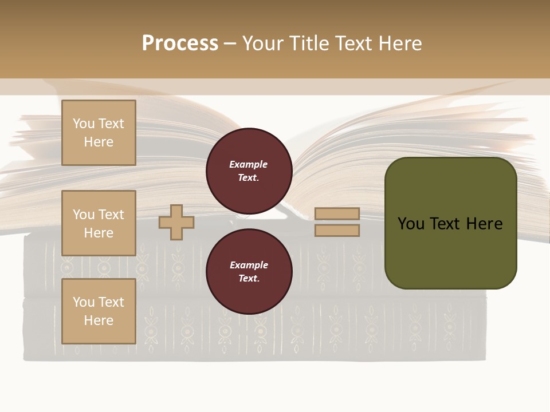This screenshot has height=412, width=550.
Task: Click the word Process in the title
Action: tap(180, 43)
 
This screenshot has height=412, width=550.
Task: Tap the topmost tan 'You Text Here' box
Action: tap(99, 133)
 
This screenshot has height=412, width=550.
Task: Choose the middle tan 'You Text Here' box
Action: tap(99, 223)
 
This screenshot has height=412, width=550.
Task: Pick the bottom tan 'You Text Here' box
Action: tap(99, 311)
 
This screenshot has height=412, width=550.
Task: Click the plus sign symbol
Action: tap(176, 222)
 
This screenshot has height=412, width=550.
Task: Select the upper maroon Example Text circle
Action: tap(249, 171)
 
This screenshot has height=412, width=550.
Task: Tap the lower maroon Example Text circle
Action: tap(249, 272)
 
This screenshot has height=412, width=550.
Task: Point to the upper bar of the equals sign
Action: tap(337, 213)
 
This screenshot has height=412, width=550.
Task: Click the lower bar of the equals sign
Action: tap(337, 231)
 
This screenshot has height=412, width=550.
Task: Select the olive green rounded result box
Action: tap(450, 252)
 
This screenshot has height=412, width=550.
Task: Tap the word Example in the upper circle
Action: tap(249, 164)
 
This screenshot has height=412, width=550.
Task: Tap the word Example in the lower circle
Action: tap(249, 265)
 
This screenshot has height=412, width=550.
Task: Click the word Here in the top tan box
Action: tap(99, 142)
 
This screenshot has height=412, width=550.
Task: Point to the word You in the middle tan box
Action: tap(83, 215)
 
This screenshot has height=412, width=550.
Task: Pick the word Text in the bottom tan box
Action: tap(111, 302)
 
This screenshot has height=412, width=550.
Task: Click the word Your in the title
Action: tap(263, 43)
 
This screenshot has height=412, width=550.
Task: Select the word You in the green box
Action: tap(410, 224)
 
